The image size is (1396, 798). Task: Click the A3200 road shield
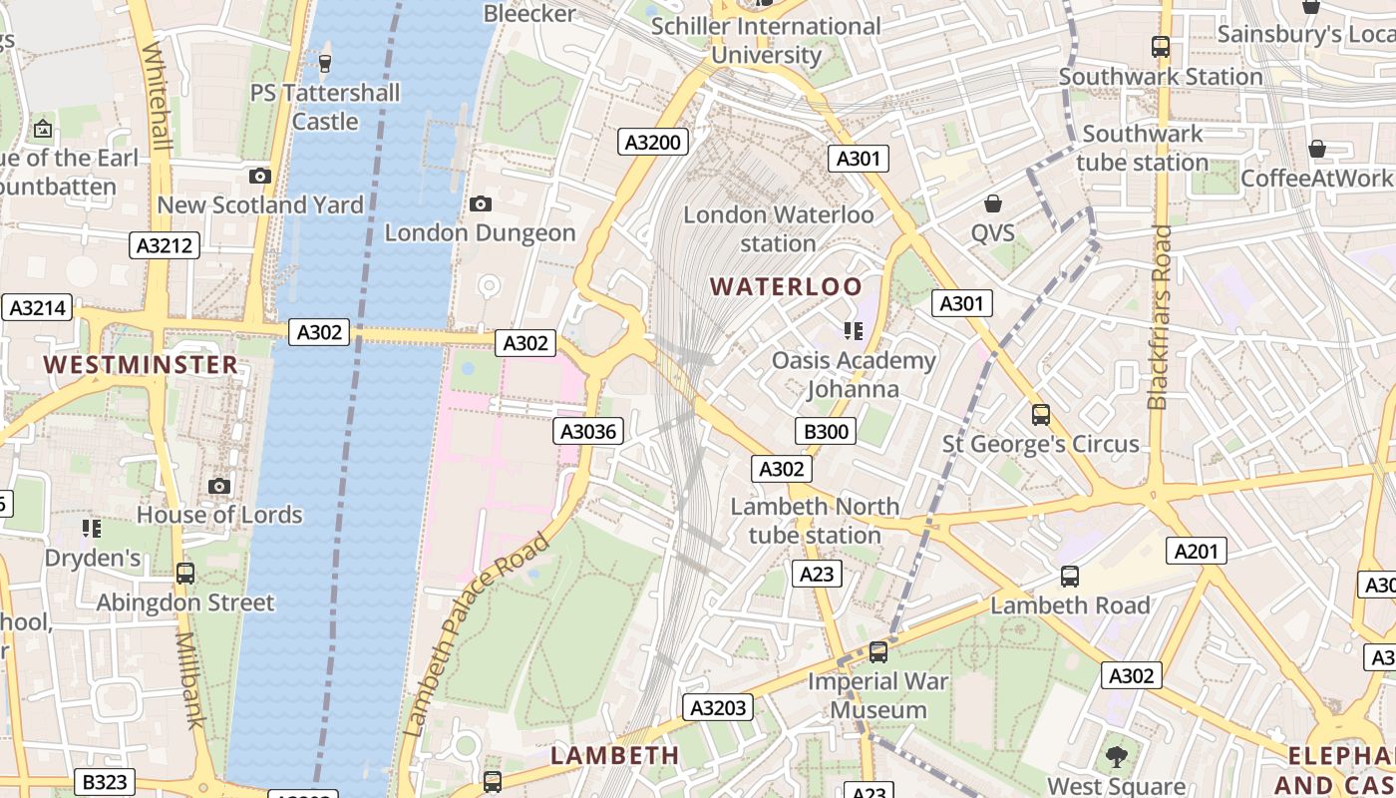(652, 143)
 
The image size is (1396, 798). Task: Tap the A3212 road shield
(165, 245)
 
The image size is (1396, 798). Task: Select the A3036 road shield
(589, 431)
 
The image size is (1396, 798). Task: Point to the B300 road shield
(827, 431)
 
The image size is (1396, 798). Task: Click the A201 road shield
(1197, 551)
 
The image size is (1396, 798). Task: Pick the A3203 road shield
(718, 708)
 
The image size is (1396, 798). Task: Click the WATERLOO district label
(786, 287)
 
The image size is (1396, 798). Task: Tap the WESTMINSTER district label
(142, 365)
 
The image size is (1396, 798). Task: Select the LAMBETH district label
(615, 755)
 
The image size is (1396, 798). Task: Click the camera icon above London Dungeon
(481, 204)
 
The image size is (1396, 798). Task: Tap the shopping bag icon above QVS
(993, 204)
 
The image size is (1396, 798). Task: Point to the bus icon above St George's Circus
(1041, 414)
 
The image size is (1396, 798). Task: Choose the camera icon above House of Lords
(219, 487)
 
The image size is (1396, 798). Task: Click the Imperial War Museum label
(878, 696)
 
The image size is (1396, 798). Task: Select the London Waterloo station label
(778, 228)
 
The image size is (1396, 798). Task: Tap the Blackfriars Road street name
(1159, 317)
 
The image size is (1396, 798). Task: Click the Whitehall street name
(159, 96)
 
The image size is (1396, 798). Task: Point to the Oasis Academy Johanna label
(854, 374)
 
